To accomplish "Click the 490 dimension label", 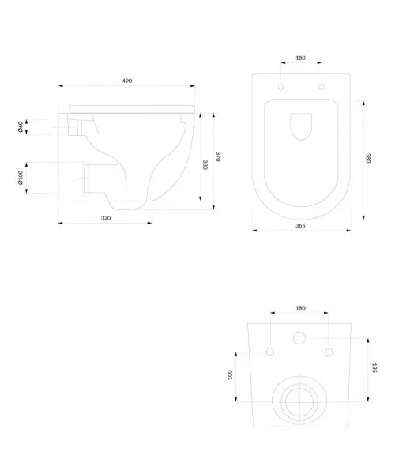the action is pos(127,81).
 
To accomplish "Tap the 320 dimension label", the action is pos(106,218).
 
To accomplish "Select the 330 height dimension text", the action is pos(205,165).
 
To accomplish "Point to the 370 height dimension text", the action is pos(218,156).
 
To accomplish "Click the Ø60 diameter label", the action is pos(21,127).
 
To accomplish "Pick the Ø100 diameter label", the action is pos(21,178).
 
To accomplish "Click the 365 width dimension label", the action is pos(300,225).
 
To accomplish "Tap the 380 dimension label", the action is pos(368,158).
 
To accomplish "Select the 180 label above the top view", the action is pos(300,58).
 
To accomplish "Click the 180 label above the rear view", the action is pos(300,308).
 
